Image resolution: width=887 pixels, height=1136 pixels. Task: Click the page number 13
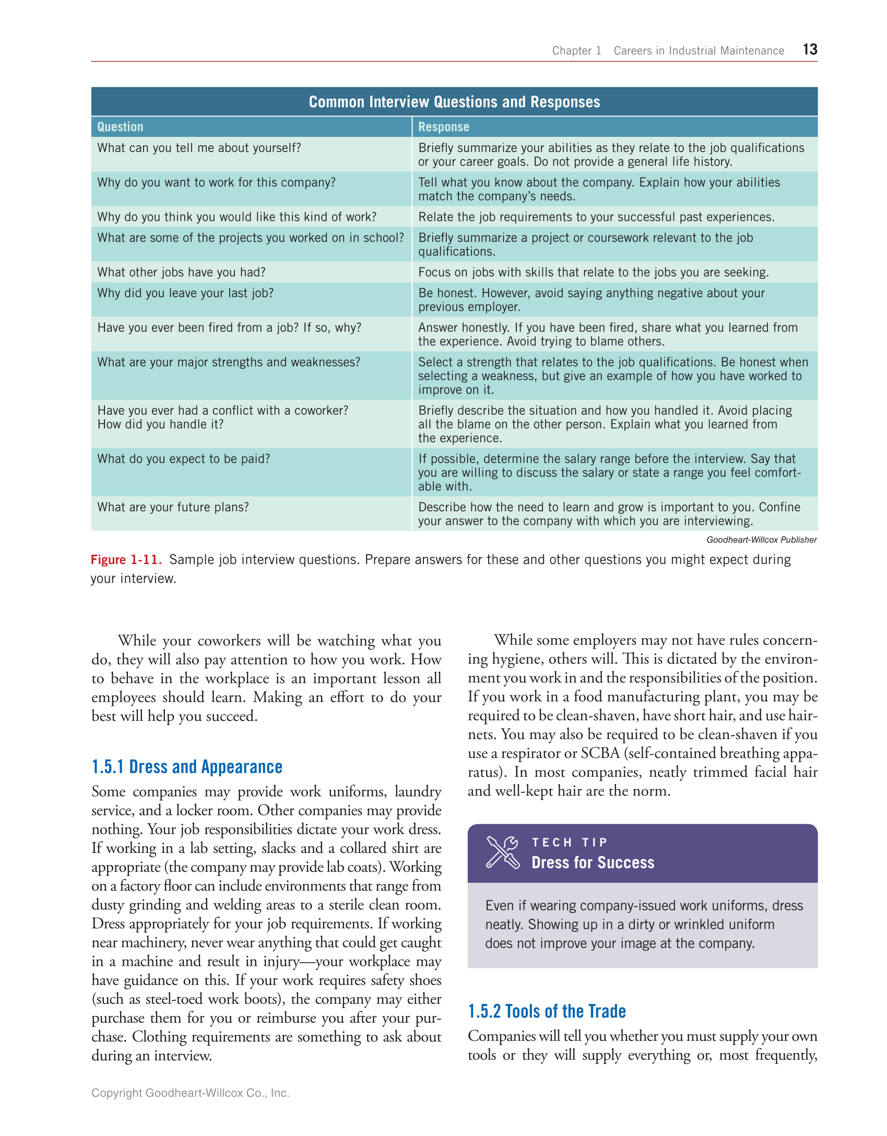(x=809, y=49)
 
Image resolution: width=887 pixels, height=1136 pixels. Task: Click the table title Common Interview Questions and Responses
(x=454, y=102)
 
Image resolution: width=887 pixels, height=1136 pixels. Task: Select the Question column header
(x=120, y=127)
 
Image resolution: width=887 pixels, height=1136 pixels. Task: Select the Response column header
(x=443, y=127)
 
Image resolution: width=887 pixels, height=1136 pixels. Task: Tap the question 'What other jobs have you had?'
(x=181, y=272)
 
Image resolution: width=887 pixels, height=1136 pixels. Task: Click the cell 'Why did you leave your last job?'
(x=185, y=293)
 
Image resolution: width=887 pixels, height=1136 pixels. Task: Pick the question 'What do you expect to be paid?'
(x=184, y=459)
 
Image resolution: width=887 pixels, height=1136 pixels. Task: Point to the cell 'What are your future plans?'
(x=173, y=507)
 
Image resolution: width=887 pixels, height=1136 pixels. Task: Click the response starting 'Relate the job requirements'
(x=596, y=217)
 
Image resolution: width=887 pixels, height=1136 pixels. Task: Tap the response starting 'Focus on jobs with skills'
(x=593, y=272)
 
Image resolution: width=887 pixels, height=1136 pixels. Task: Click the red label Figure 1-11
(x=126, y=559)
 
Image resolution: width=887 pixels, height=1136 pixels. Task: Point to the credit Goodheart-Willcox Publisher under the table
(x=761, y=540)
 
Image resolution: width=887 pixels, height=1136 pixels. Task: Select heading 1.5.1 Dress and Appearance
(x=187, y=767)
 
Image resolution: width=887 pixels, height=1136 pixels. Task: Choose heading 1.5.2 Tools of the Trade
(x=547, y=1011)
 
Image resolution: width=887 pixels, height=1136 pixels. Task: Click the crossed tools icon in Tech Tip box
(x=502, y=852)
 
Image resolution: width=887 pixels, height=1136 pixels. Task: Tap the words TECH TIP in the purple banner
(x=569, y=842)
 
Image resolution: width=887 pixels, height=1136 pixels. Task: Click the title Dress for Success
(x=593, y=862)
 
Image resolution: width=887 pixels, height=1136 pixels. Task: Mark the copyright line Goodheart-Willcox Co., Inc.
(x=190, y=1093)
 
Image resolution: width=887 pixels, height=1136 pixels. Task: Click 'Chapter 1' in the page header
(x=576, y=51)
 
